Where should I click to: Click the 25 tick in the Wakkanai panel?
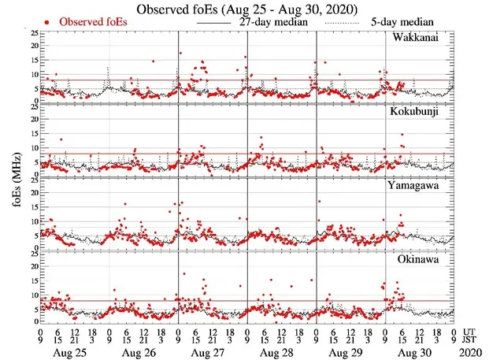click(31, 34)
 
